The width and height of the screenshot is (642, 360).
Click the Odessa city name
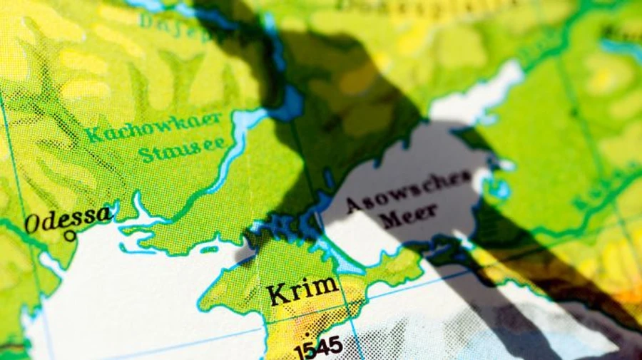68,220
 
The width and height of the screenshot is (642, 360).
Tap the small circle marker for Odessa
70,236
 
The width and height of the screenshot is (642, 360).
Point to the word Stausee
182,149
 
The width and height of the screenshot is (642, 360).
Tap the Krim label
302,290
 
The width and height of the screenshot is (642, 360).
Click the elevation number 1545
318,349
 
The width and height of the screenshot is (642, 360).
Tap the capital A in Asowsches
354,205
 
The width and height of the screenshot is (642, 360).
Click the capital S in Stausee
146,153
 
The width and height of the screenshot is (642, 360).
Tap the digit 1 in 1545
300,351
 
